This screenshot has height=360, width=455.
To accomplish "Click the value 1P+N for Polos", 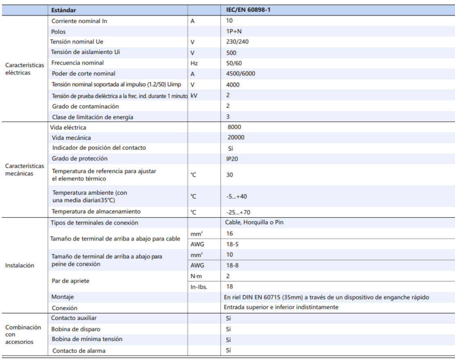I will [232, 31].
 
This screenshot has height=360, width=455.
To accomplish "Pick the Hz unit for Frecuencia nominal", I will [195, 63].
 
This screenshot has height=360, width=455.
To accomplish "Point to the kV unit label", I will [194, 95].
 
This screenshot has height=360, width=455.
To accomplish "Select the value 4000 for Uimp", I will [233, 84].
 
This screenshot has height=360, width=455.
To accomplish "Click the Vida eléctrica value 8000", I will [234, 127].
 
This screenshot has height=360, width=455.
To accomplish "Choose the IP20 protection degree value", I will [232, 159].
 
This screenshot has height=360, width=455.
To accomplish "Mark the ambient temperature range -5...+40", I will [236, 196].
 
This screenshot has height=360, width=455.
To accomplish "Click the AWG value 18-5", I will [232, 244].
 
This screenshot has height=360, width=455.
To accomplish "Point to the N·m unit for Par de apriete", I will [196, 276].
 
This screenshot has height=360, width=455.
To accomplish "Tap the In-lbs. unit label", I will [199, 287].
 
